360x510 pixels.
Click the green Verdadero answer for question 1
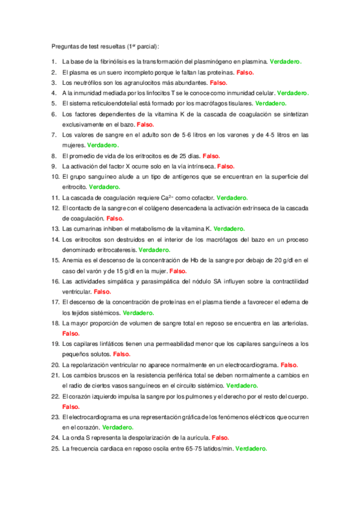click(x=285, y=61)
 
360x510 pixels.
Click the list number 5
click(x=54, y=103)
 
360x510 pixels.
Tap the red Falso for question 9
click(x=225, y=166)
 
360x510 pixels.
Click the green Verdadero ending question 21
click(x=242, y=386)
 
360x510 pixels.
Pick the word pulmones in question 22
click(x=192, y=396)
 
